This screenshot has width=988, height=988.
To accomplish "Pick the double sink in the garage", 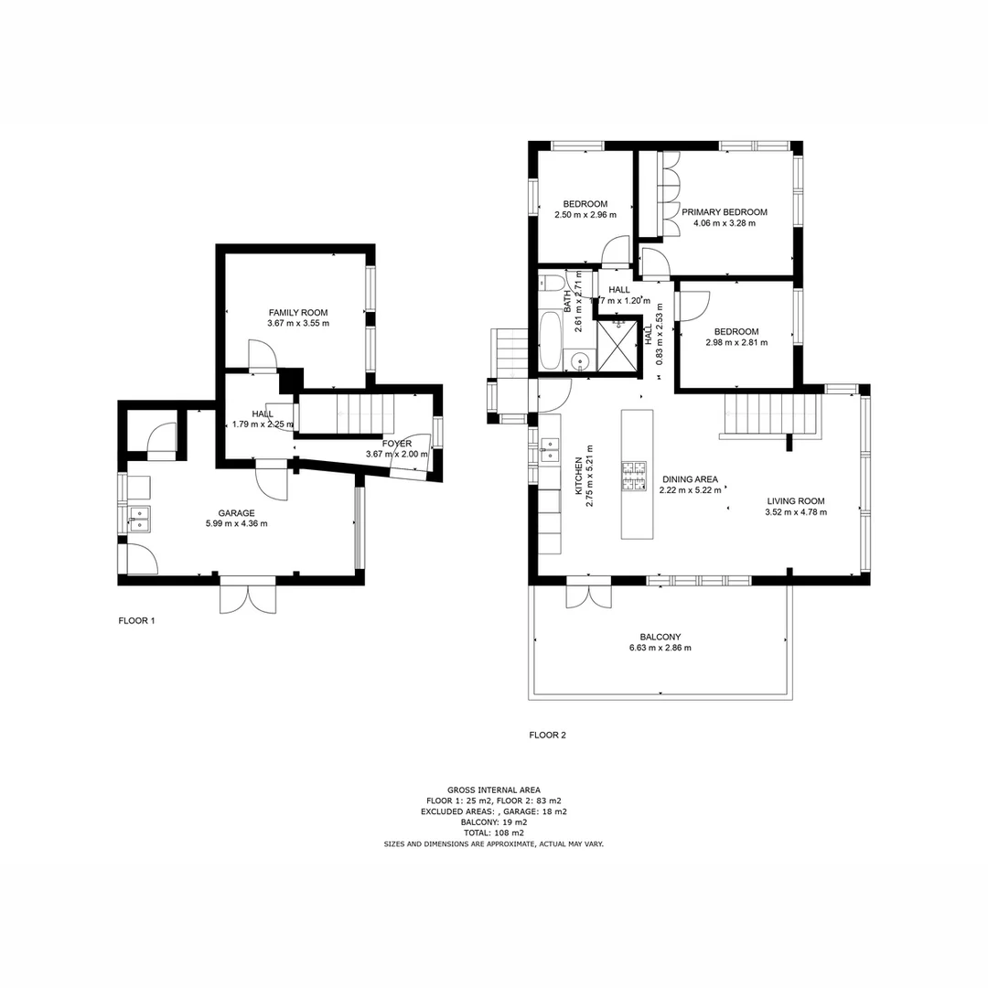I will click(136, 519).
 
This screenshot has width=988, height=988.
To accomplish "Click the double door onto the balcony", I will click(588, 592).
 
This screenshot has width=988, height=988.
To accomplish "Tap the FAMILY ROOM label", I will click(297, 313).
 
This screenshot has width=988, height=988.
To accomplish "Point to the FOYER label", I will click(397, 443).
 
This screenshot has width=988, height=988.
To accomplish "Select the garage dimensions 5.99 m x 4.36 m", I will click(236, 523).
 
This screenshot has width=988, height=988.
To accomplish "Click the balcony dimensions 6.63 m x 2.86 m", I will click(660, 648).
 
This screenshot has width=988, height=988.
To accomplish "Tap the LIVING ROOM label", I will click(795, 500).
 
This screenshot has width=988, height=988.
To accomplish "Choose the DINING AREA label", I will click(689, 478).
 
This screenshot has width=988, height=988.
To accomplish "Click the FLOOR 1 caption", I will click(137, 620).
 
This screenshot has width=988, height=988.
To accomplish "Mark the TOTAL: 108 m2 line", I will click(493, 833).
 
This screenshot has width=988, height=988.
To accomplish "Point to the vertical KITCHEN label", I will click(578, 476).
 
